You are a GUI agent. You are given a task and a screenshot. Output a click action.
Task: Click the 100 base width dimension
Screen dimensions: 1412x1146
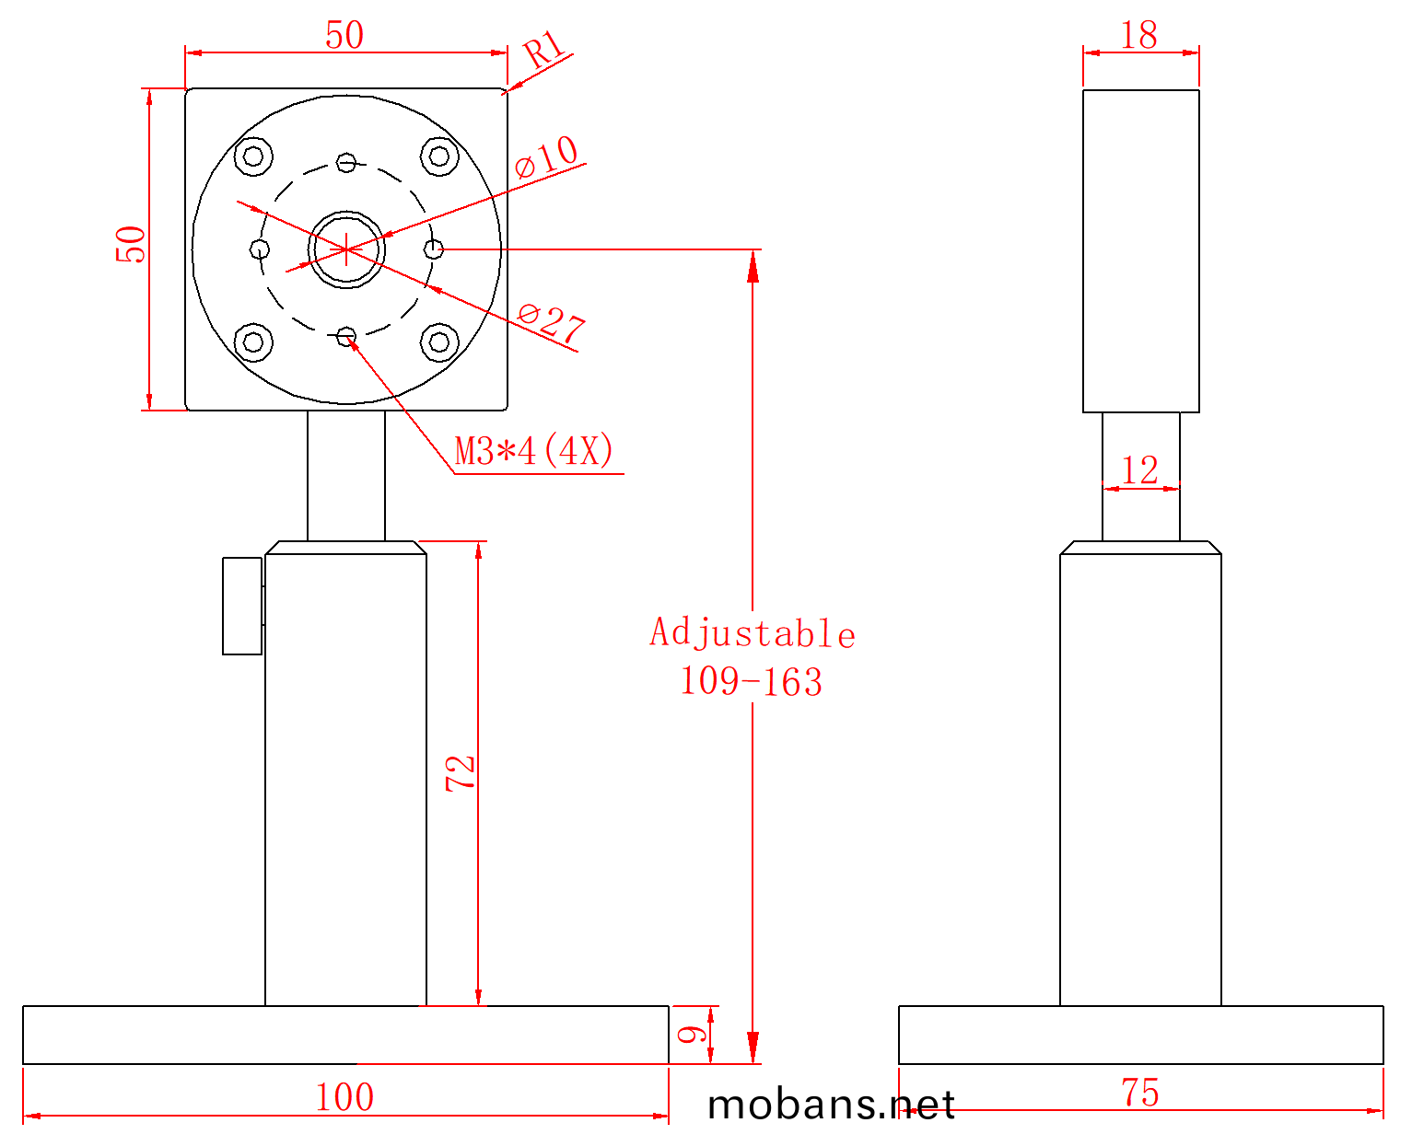click(x=344, y=1096)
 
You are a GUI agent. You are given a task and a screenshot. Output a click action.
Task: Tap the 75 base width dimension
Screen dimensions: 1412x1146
click(x=1139, y=1093)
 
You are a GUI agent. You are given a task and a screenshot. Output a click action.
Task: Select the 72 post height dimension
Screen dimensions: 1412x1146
click(x=460, y=773)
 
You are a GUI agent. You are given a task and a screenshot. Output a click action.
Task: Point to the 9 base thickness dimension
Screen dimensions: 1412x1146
click(x=692, y=1034)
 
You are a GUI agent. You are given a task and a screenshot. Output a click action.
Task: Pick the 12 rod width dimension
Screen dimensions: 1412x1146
click(x=1139, y=470)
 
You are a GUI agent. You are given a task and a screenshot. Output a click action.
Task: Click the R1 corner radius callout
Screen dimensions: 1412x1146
click(x=543, y=49)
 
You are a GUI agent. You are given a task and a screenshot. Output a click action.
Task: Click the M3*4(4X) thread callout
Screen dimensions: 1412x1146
click(x=533, y=451)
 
